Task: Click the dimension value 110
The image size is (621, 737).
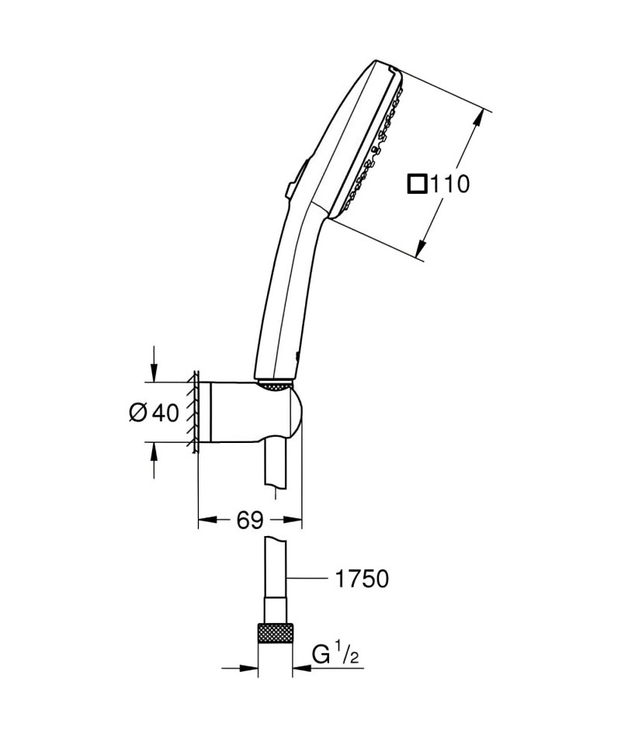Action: pos(449,184)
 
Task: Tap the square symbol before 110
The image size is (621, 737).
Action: pos(417,184)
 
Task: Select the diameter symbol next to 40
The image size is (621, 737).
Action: pos(139,413)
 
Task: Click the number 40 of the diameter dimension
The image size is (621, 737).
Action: pos(166,413)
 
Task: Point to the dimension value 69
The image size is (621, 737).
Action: pos(250,520)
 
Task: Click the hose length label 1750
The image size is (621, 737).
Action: pos(362,579)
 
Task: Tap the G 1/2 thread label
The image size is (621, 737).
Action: pos(336,656)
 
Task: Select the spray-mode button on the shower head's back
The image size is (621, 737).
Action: pos(296,180)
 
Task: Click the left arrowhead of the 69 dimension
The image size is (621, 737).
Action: pos(208,520)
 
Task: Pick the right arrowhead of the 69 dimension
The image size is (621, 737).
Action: pos(292,520)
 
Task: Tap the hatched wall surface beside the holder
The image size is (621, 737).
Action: pos(193,413)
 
